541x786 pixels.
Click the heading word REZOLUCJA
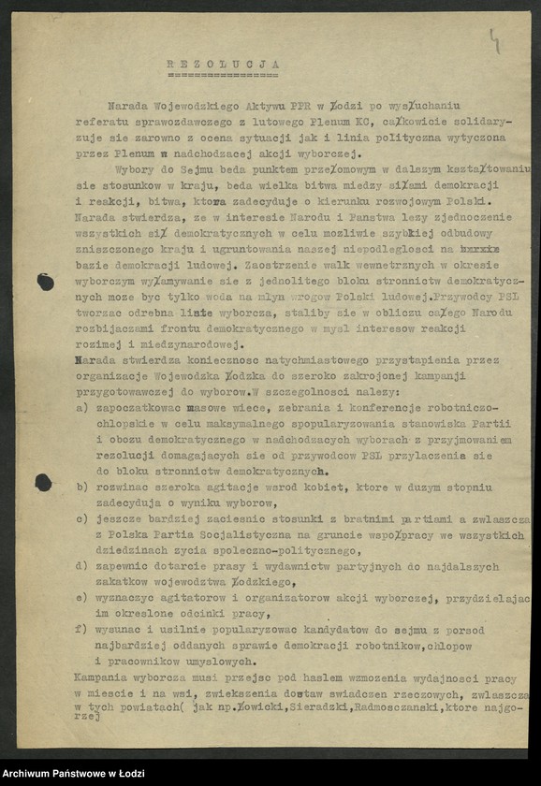pyautogui.click(x=223, y=64)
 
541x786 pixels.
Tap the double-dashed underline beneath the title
pyautogui.click(x=223, y=74)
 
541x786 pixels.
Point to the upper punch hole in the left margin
pyautogui.click(x=45, y=282)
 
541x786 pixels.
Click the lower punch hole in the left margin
pyautogui.click(x=44, y=482)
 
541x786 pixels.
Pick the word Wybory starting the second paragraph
pyautogui.click(x=133, y=169)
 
